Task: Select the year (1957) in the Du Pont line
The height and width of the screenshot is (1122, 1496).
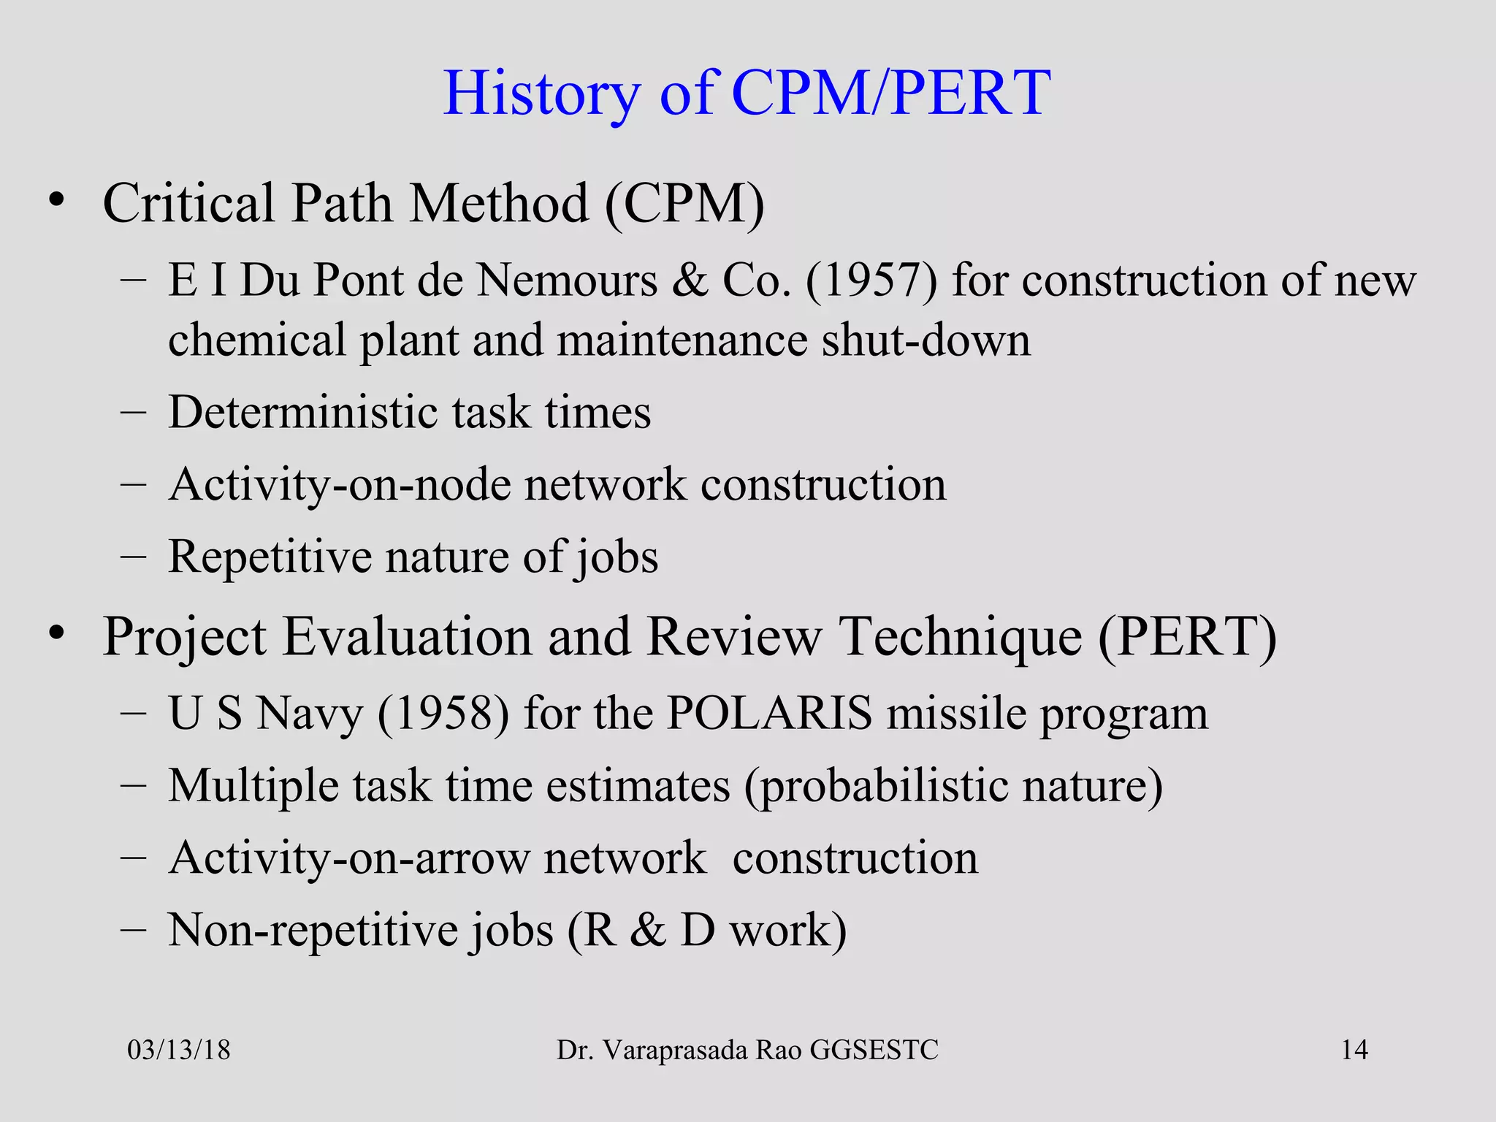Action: tap(871, 280)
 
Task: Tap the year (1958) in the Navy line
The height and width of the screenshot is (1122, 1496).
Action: tap(443, 714)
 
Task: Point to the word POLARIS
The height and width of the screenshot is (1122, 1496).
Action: tap(769, 713)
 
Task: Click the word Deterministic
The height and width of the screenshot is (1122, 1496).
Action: tap(303, 413)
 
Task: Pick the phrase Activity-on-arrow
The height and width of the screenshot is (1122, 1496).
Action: tap(348, 858)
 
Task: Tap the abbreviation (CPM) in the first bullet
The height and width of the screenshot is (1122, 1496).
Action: tap(684, 204)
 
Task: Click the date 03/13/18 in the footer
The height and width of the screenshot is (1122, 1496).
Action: tap(179, 1050)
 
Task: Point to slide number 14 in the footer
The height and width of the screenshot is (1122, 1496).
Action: tap(1354, 1050)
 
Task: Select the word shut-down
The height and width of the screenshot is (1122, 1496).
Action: tap(926, 341)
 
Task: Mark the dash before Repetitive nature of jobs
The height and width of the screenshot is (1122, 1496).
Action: tap(134, 557)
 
